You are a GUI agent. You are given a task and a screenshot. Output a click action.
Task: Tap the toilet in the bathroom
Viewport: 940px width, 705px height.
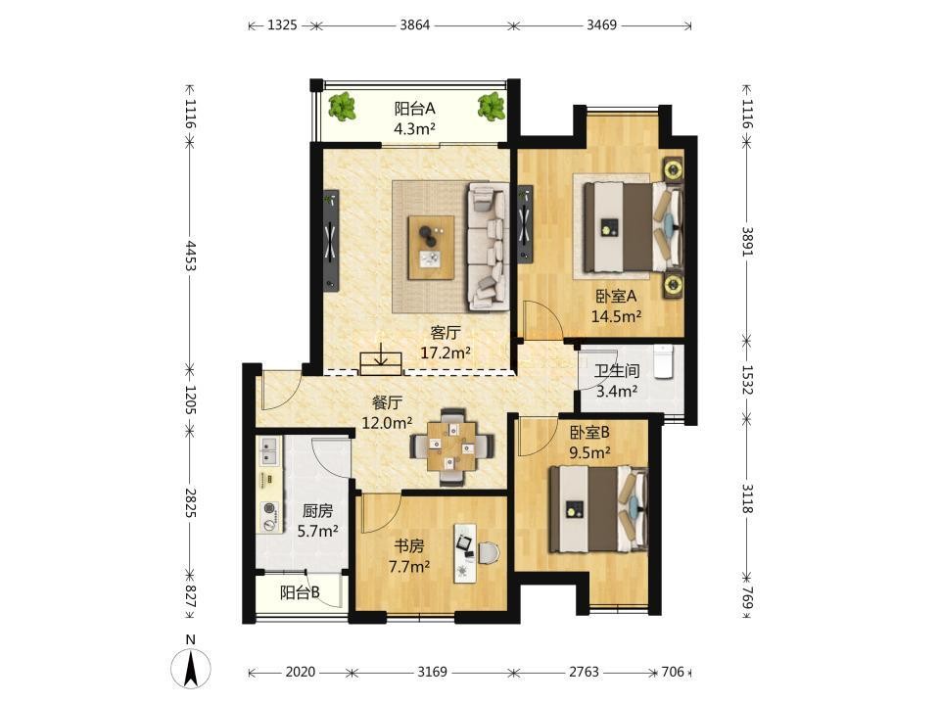[x=664, y=361]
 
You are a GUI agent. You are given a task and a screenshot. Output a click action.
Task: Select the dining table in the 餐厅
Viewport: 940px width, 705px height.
[x=451, y=446]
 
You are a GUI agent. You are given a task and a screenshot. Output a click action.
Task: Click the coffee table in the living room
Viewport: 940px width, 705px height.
[x=431, y=247]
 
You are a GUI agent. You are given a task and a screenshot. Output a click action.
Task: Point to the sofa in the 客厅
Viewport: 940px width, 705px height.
[x=487, y=247]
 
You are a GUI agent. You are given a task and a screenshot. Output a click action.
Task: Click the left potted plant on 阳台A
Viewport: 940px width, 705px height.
[x=343, y=108]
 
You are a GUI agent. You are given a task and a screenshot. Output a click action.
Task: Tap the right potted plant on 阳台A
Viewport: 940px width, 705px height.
[x=491, y=108]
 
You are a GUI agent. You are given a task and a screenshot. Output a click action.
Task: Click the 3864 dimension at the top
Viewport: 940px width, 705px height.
[x=415, y=25]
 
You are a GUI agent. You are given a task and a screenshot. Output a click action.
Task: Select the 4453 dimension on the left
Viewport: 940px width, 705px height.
[x=190, y=256]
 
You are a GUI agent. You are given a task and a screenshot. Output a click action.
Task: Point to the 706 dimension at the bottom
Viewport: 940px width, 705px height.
[x=673, y=672]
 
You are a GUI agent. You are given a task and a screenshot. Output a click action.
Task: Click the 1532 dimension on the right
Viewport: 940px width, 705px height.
[x=747, y=380]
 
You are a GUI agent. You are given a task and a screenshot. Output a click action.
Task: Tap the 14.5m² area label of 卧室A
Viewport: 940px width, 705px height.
[x=616, y=316]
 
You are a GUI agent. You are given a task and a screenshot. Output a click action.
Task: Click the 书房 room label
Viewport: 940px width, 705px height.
[x=409, y=546]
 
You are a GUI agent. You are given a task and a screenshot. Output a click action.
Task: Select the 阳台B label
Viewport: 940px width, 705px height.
[x=300, y=593]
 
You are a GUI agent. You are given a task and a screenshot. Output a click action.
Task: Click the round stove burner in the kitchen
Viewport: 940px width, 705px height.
[x=270, y=509]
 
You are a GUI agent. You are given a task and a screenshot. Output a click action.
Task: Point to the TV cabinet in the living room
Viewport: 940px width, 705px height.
[x=331, y=241]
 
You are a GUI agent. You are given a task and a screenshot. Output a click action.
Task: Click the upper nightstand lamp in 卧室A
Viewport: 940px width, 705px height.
[x=674, y=169]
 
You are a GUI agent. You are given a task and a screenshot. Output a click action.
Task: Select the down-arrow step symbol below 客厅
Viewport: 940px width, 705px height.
[x=381, y=358]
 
